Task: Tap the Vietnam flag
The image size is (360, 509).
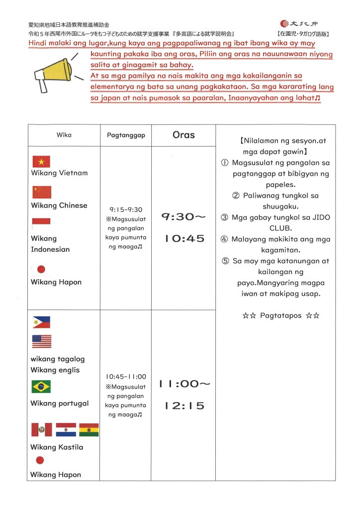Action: pos(41,161)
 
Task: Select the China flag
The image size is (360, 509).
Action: pos(42,193)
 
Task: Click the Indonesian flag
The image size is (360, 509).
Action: pos(41,224)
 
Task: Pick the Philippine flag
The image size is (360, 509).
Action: pos(41,322)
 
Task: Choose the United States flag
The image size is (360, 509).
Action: pos(42,341)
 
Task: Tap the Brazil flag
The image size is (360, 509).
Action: pos(41,386)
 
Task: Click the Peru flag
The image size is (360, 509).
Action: pos(42,429)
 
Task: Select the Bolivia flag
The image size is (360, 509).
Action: pos(89,429)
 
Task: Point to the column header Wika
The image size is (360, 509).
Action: pos(64,135)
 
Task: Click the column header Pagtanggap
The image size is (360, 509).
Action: pos(126,135)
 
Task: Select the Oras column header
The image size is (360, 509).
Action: pos(183,135)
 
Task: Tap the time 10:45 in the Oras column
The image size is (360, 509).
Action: pos(183,238)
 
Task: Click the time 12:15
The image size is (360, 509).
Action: pos(183,406)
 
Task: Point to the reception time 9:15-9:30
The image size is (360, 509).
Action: pos(126,209)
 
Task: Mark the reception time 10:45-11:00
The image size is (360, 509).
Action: pos(126,377)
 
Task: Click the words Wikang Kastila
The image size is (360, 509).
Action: pos(57,447)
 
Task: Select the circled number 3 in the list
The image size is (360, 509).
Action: pos(224,217)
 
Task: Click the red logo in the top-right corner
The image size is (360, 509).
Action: pos(285,23)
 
